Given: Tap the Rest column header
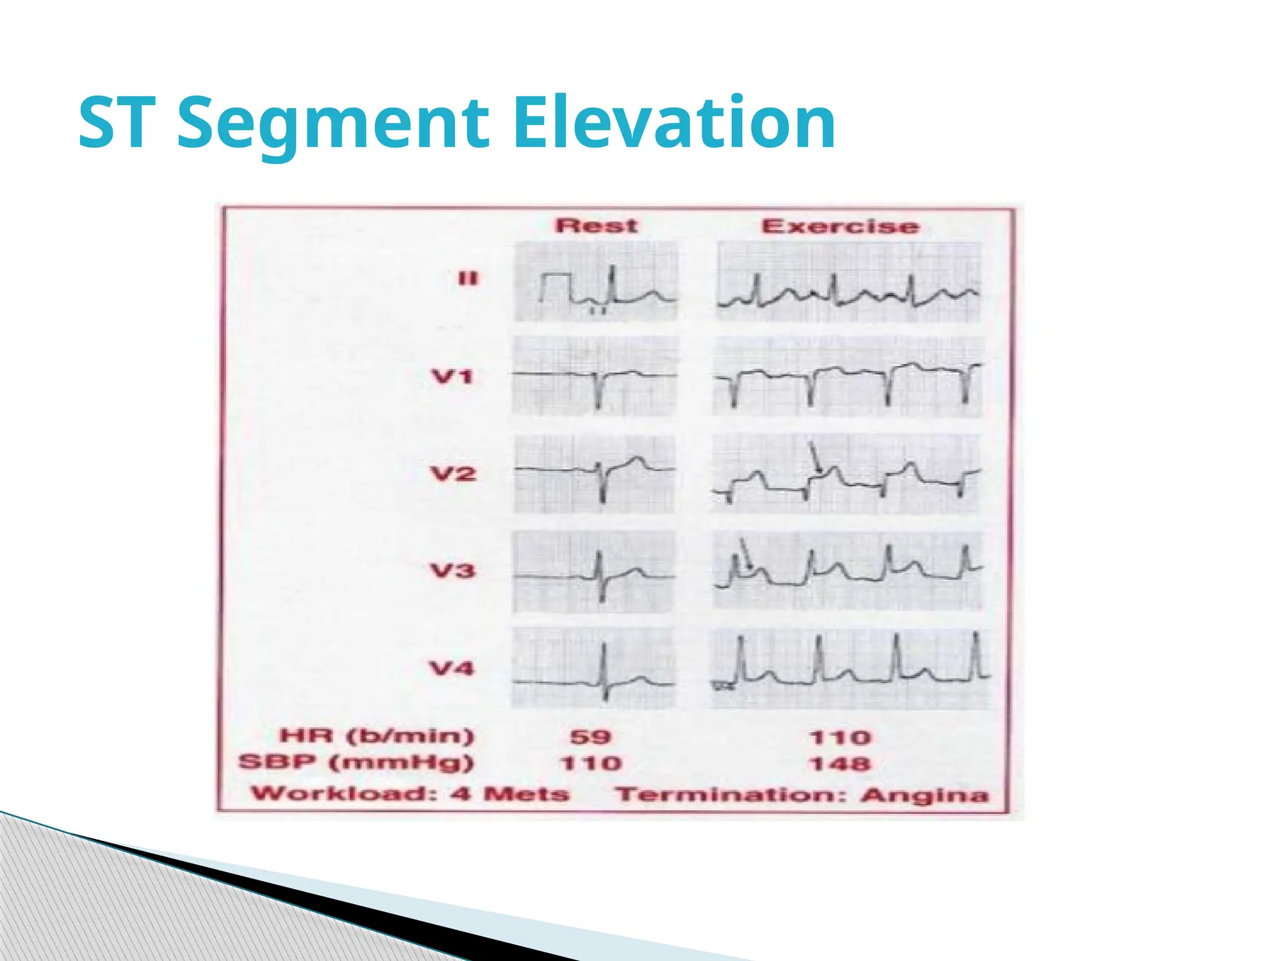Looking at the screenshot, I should pyautogui.click(x=596, y=225).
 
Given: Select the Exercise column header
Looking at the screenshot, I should pyautogui.click(x=840, y=226).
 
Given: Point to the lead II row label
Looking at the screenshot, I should pyautogui.click(x=468, y=278).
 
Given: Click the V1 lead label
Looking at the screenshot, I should pyautogui.click(x=452, y=377).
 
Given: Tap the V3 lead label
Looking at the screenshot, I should pyautogui.click(x=452, y=571).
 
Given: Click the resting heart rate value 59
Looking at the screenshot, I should pyautogui.click(x=590, y=736).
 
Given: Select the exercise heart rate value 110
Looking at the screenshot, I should pyautogui.click(x=840, y=737).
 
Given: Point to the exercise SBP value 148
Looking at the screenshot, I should pyautogui.click(x=840, y=764).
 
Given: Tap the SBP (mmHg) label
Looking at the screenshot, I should pyautogui.click(x=356, y=763).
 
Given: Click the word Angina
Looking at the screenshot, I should pyautogui.click(x=925, y=795).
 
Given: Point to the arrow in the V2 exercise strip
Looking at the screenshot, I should pyautogui.click(x=815, y=459).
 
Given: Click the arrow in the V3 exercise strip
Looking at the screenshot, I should pyautogui.click(x=745, y=554).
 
